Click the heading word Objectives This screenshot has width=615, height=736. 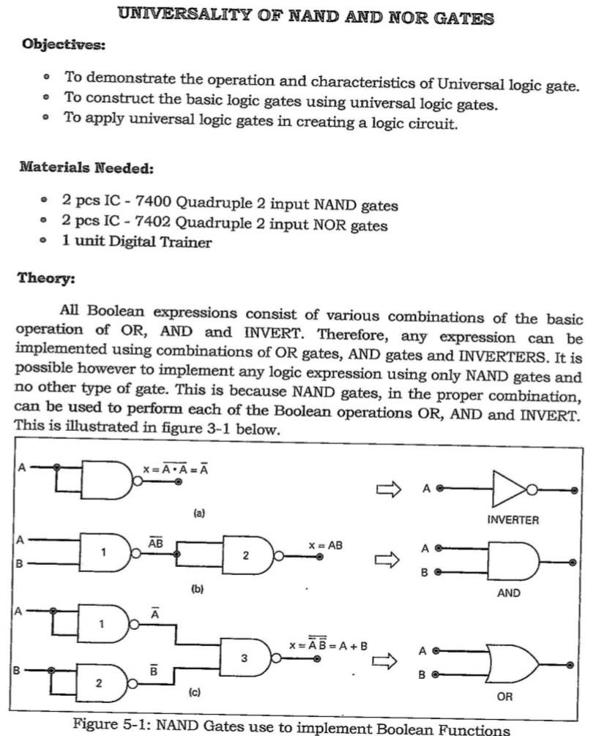[x=64, y=44]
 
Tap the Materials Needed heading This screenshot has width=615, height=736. [x=86, y=168]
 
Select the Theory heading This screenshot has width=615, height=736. [x=45, y=278]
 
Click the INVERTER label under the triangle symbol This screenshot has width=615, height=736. [x=512, y=520]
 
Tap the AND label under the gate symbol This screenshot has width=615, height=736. [x=509, y=593]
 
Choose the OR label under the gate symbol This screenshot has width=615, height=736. [x=504, y=696]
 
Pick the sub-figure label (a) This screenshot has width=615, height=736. [x=198, y=514]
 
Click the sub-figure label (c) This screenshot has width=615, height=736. [x=195, y=691]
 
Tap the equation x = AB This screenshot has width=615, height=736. [x=326, y=545]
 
